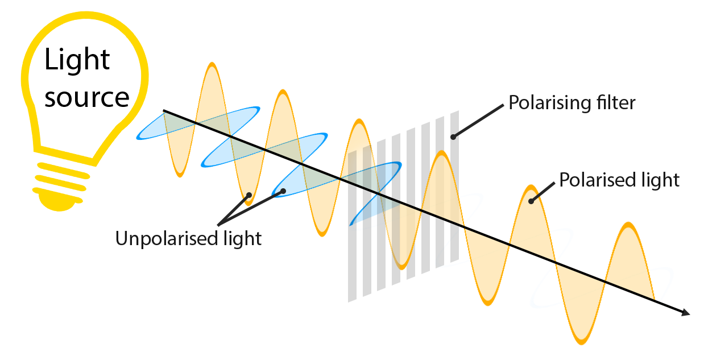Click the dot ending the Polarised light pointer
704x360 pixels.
(x=531, y=200)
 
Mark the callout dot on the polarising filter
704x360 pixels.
(x=453, y=136)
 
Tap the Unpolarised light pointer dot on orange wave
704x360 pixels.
(x=249, y=196)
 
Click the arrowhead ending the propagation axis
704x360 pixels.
(x=686, y=312)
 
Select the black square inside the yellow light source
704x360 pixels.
(x=86, y=76)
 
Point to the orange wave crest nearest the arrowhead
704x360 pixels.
(x=628, y=239)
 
